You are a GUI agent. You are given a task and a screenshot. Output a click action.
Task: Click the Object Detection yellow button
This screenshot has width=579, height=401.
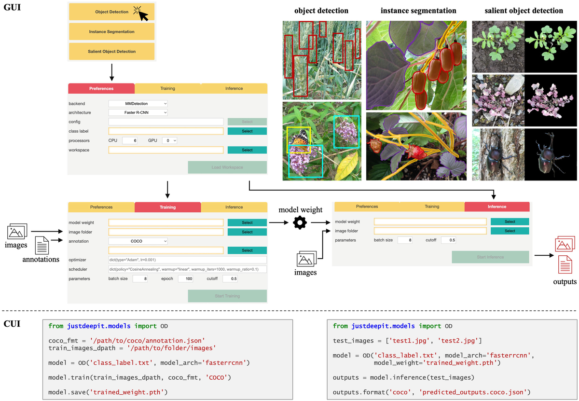point(111,12)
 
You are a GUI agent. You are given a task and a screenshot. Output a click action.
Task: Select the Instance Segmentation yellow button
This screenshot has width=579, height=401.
point(111,32)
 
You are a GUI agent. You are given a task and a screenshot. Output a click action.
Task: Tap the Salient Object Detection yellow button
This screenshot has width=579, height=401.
point(111,51)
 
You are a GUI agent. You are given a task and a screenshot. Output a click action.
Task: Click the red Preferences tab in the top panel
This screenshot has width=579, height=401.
point(101,89)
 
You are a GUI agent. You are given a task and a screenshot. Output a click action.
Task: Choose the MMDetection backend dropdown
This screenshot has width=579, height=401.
point(138,103)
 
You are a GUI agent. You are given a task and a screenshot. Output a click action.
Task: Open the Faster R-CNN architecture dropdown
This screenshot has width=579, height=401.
point(138,112)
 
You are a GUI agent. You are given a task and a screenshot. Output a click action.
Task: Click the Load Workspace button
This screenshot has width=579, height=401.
point(227,167)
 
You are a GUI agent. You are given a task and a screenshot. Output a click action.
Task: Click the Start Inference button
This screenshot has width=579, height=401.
point(490,257)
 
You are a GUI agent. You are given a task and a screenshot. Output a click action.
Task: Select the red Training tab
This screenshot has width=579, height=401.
point(167,207)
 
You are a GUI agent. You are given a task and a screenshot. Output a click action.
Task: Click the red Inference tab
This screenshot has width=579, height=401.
point(497,207)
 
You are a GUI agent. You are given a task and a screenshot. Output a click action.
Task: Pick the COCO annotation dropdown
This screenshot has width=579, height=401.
point(138,241)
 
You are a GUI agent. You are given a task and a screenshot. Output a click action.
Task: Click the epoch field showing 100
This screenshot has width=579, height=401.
point(185,279)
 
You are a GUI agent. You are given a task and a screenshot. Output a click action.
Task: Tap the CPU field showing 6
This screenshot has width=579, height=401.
point(130,140)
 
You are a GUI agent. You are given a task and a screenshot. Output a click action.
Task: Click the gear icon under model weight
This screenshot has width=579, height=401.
point(300,222)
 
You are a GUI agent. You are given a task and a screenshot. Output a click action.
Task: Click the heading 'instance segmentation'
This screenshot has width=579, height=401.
point(418,11)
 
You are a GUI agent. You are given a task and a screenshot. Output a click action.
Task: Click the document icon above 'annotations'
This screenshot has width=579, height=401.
point(42,246)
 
